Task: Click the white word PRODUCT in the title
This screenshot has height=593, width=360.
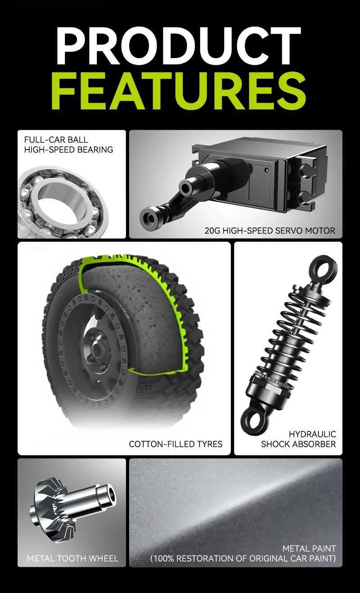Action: [179, 46]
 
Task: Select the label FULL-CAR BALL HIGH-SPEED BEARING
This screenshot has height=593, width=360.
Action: [68, 145]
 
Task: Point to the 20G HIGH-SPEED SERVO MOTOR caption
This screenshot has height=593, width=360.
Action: [270, 231]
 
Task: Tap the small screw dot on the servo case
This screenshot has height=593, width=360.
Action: [267, 169]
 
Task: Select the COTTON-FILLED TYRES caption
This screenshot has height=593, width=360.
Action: [175, 444]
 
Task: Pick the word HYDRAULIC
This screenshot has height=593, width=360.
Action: [312, 434]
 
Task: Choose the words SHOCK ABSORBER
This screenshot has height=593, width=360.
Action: [298, 444]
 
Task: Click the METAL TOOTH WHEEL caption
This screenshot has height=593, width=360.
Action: [72, 559]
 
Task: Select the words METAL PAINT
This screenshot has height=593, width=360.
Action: [309, 548]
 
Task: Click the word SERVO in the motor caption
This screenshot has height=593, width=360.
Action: [289, 231]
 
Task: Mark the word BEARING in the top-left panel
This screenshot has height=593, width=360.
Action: [95, 149]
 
